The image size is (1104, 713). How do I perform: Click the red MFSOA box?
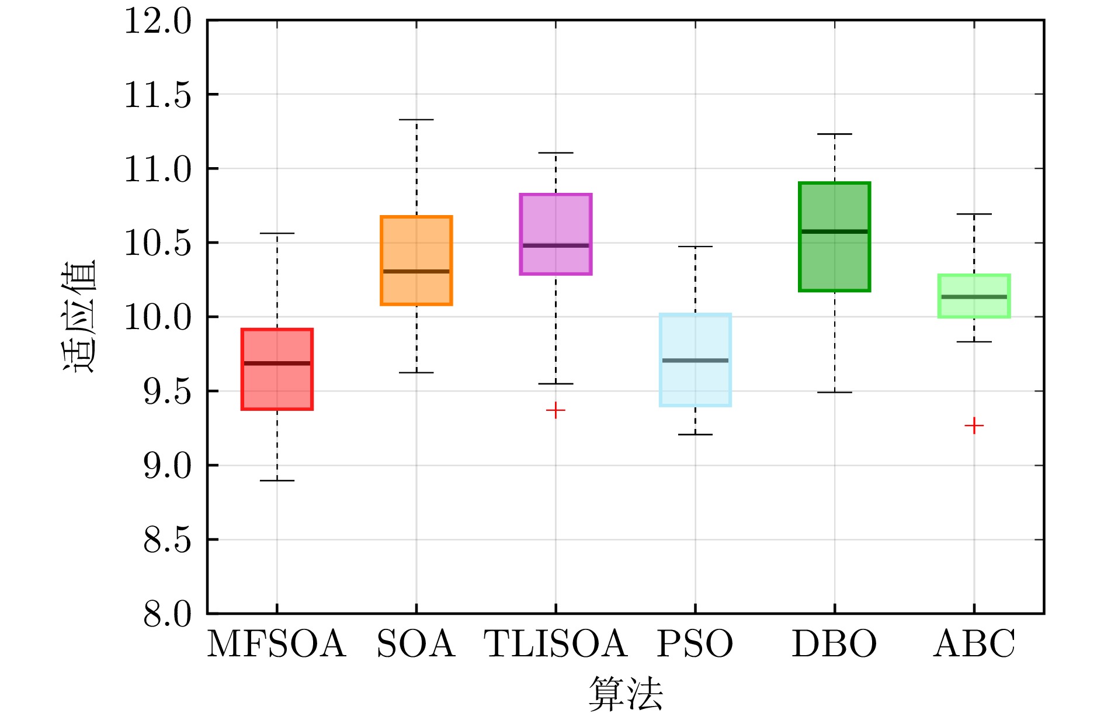tap(277, 386)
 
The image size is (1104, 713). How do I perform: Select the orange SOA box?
tap(416, 245)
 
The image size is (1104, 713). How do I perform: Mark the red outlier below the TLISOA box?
tap(556, 410)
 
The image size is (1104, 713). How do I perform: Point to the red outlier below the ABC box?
tap(974, 425)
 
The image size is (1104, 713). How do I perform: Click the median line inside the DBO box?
tap(834, 231)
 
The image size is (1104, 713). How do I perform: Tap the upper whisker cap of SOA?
tap(416, 120)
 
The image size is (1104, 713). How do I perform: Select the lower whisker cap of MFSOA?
tap(277, 480)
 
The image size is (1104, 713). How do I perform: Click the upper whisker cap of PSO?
tap(695, 247)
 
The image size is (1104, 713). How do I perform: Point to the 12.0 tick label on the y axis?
tap(158, 22)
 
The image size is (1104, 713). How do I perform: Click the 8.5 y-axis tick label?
tap(167, 541)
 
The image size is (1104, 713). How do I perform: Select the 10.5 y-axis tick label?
tap(158, 244)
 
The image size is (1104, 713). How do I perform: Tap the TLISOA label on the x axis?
tap(556, 644)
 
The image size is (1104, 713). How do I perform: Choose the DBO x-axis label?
tap(834, 644)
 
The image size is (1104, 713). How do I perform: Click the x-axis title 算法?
tap(625, 694)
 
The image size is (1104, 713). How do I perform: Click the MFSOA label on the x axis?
tap(277, 644)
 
